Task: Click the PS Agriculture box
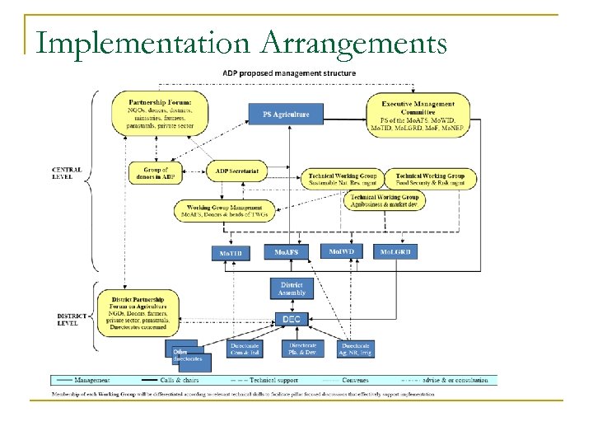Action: point(286,114)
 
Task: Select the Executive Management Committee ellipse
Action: point(418,115)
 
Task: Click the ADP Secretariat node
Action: point(236,171)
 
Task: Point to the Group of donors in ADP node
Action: point(155,173)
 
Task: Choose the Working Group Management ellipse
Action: point(224,211)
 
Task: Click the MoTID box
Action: point(231,253)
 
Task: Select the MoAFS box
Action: point(286,252)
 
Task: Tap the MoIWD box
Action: point(342,251)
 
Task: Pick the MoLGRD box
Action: point(395,252)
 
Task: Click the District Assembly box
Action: point(292,288)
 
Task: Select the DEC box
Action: point(292,319)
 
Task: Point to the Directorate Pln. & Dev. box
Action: point(303,349)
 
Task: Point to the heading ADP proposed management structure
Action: point(290,73)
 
